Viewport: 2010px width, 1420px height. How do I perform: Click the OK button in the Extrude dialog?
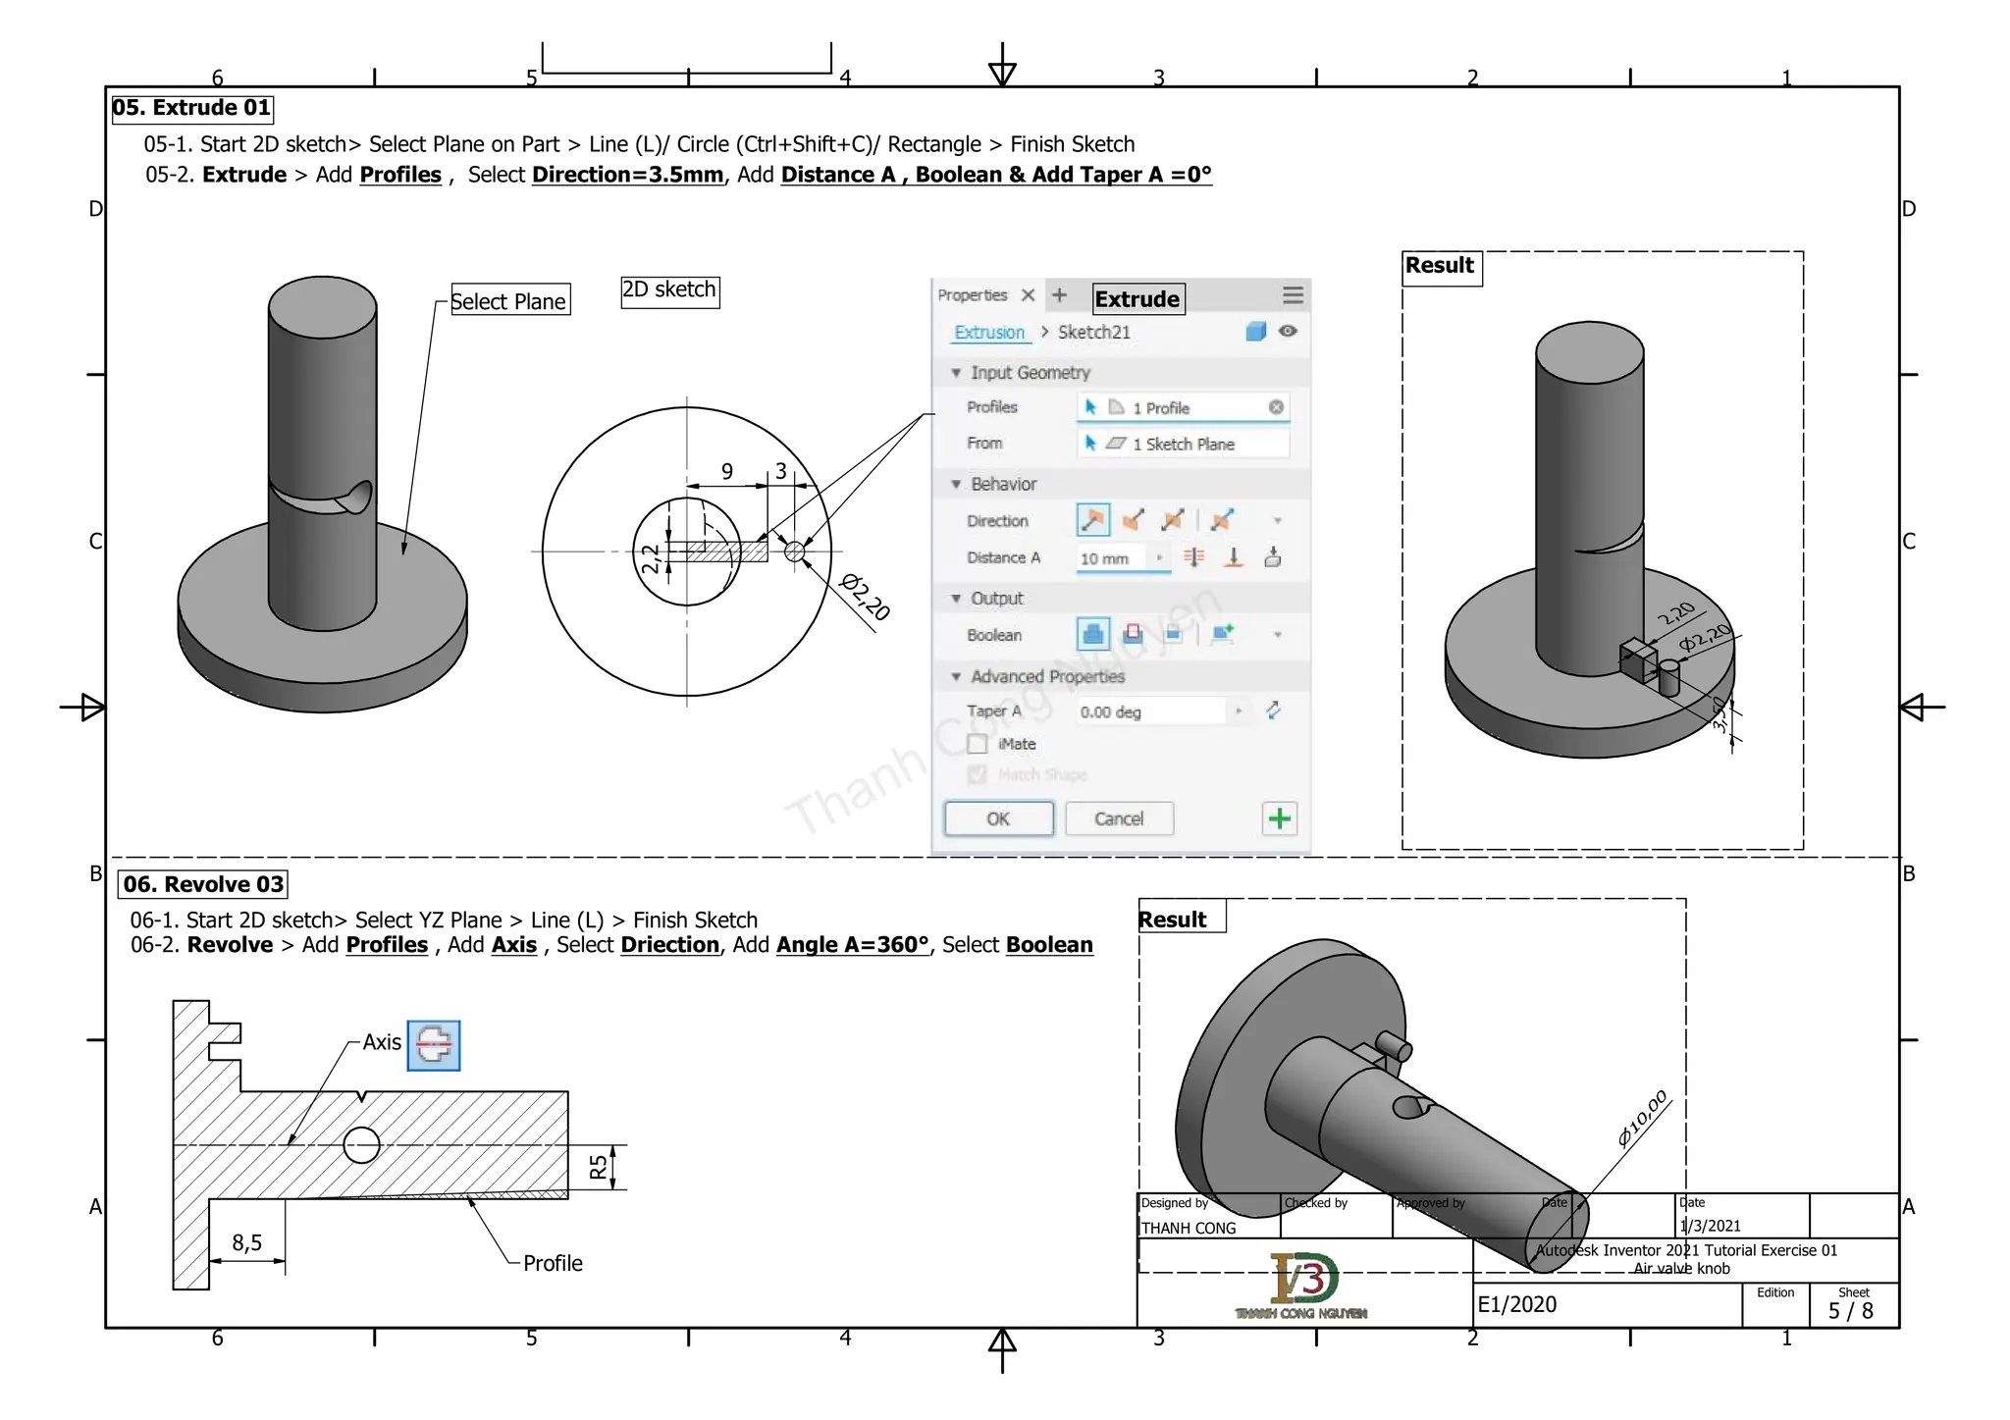click(998, 818)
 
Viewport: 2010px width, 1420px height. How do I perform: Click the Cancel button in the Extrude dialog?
click(1119, 818)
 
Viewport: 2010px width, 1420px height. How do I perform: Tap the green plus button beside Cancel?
click(1279, 818)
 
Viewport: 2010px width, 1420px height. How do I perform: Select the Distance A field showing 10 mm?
click(1117, 558)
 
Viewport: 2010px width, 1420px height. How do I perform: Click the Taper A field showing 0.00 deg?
click(1148, 711)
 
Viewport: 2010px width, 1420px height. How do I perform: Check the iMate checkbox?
click(978, 744)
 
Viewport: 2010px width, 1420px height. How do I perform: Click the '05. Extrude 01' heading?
click(191, 108)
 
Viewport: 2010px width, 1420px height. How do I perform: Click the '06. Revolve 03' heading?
click(203, 884)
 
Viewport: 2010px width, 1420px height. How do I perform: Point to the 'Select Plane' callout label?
click(508, 301)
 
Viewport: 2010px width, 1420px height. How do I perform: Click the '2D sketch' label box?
click(669, 290)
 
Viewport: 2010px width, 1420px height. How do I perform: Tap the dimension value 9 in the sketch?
click(727, 471)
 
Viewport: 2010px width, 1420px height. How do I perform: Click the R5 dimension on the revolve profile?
click(598, 1167)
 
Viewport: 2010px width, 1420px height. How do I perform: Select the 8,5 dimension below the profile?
click(246, 1242)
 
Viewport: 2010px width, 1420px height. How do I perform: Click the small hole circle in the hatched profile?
click(361, 1144)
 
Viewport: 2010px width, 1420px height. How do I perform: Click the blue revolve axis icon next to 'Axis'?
click(433, 1045)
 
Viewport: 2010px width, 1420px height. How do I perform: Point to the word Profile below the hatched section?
click(553, 1263)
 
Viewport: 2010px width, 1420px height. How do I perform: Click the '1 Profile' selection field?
click(1183, 407)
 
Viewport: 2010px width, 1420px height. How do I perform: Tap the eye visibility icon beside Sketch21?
click(1288, 332)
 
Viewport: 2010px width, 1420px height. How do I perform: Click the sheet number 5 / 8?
click(1850, 1311)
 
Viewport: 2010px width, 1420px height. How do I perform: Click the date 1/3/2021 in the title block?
click(1710, 1226)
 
